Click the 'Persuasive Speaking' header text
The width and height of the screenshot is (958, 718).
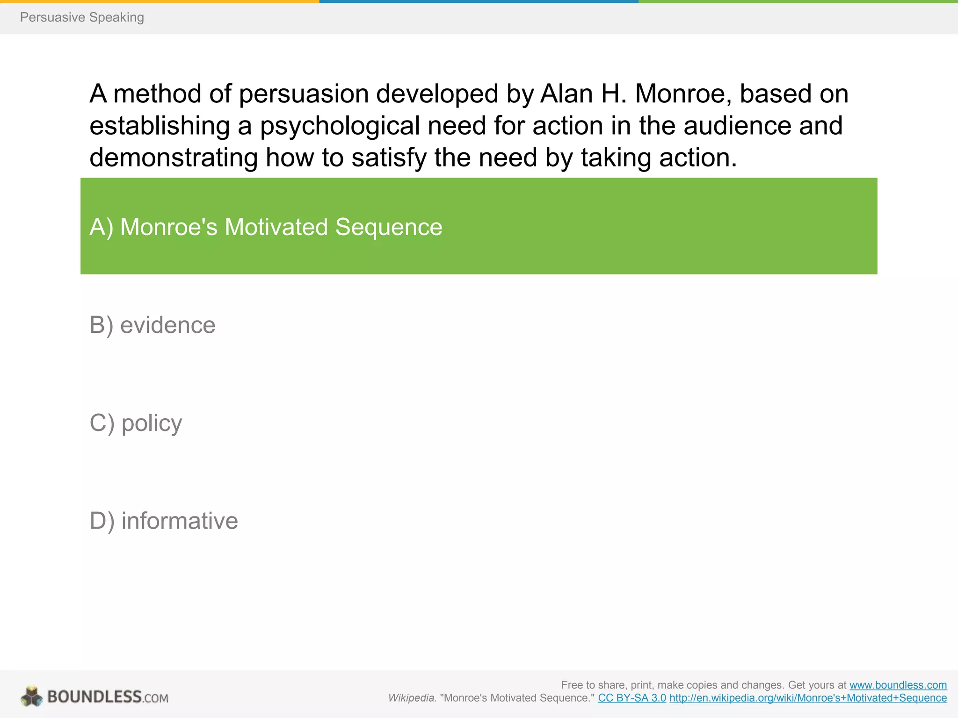82,17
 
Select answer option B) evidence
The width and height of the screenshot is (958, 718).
152,325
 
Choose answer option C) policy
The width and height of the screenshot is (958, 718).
136,423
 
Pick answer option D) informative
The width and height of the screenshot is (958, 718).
164,521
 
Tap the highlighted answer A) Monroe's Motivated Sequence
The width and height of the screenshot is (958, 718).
266,227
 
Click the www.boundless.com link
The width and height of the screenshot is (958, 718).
898,685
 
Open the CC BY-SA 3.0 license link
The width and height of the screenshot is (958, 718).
632,698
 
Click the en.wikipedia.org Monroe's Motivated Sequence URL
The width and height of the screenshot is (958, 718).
808,698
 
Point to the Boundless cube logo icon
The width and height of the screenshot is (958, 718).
32,696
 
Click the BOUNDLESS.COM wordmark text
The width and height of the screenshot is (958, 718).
108,697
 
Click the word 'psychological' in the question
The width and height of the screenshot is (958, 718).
340,126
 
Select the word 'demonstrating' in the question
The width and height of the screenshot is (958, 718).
174,158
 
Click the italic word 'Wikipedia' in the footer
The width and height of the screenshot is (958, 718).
411,698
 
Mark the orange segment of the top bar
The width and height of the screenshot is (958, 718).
160,1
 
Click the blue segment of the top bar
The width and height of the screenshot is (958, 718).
479,1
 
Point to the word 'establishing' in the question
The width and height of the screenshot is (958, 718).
160,126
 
